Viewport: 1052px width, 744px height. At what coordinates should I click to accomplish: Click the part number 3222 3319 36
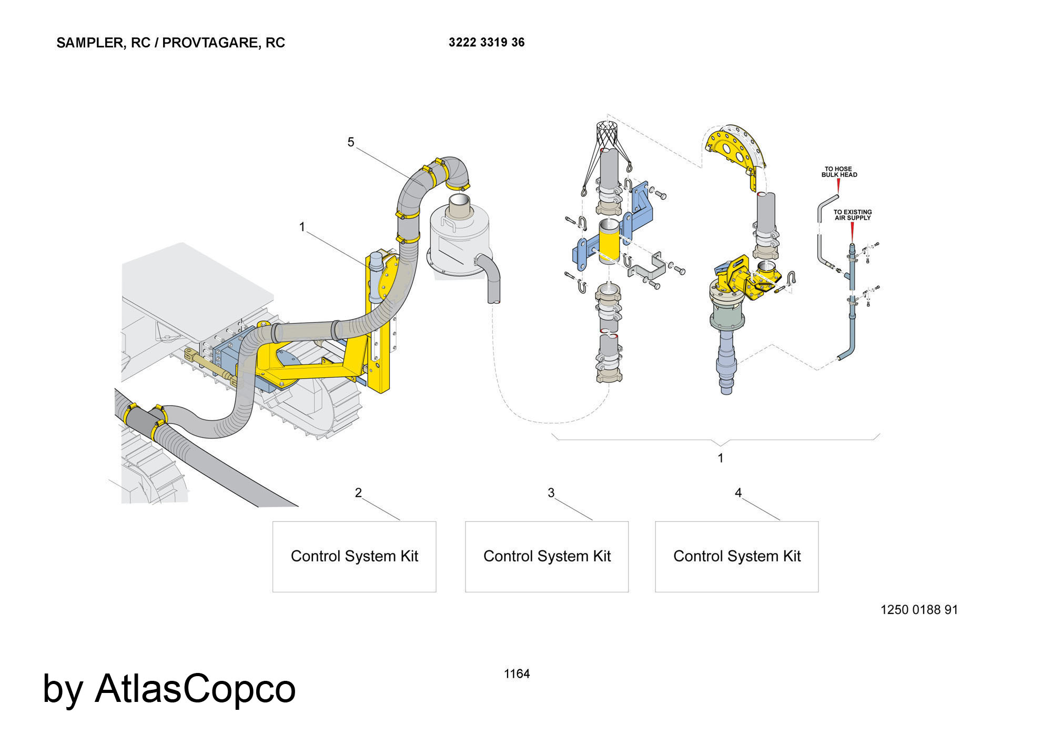487,42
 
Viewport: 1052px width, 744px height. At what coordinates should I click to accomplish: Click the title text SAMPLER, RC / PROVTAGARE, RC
170,43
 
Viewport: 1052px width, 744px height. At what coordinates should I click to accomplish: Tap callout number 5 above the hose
351,142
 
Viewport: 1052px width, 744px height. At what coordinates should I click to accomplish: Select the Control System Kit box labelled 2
354,557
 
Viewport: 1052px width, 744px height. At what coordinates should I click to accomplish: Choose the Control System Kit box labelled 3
547,557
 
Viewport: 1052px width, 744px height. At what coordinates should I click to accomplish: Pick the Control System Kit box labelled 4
736,557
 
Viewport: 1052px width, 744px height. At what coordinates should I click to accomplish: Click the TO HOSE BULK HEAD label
839,172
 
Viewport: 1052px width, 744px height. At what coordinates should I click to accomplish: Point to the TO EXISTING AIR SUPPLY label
852,215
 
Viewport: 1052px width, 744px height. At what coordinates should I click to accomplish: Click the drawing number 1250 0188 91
919,610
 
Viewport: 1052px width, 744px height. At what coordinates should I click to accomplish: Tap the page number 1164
517,673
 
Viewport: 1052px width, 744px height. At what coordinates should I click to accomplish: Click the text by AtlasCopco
169,689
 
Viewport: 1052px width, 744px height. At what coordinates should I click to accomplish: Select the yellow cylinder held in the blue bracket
609,242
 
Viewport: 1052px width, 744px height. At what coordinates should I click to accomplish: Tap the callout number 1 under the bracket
721,458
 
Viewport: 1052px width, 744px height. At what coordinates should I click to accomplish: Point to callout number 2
358,493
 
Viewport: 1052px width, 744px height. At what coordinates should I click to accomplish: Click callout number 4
738,493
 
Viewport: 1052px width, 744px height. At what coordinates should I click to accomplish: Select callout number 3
551,493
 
